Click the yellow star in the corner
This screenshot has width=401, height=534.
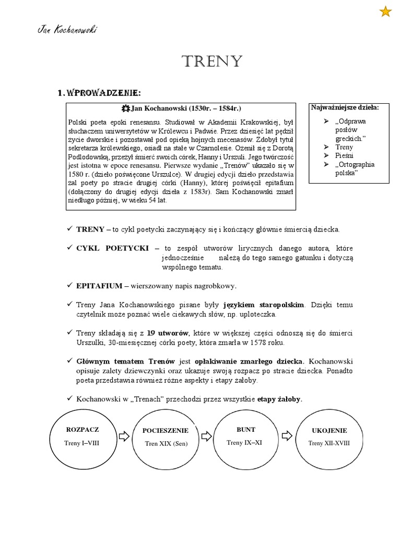pyautogui.click(x=385, y=11)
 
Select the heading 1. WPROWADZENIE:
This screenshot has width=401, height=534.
pyautogui.click(x=99, y=93)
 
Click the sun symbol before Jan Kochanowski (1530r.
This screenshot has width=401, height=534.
pyautogui.click(x=125, y=108)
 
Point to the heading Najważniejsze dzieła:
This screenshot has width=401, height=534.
pyautogui.click(x=345, y=107)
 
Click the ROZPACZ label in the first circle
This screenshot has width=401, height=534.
pyautogui.click(x=82, y=430)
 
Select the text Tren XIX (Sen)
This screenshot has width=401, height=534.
pyautogui.click(x=166, y=444)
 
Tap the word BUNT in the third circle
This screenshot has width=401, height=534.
pyautogui.click(x=245, y=430)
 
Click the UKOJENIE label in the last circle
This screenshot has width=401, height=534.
pyautogui.click(x=329, y=431)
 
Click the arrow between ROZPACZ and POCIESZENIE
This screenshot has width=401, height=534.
pyautogui.click(x=124, y=435)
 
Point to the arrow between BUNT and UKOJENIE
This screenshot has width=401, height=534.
pyautogui.click(x=287, y=435)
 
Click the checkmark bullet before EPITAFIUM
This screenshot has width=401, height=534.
pyautogui.click(x=70, y=286)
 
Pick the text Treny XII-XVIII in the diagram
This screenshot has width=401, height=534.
pyautogui.click(x=329, y=443)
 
